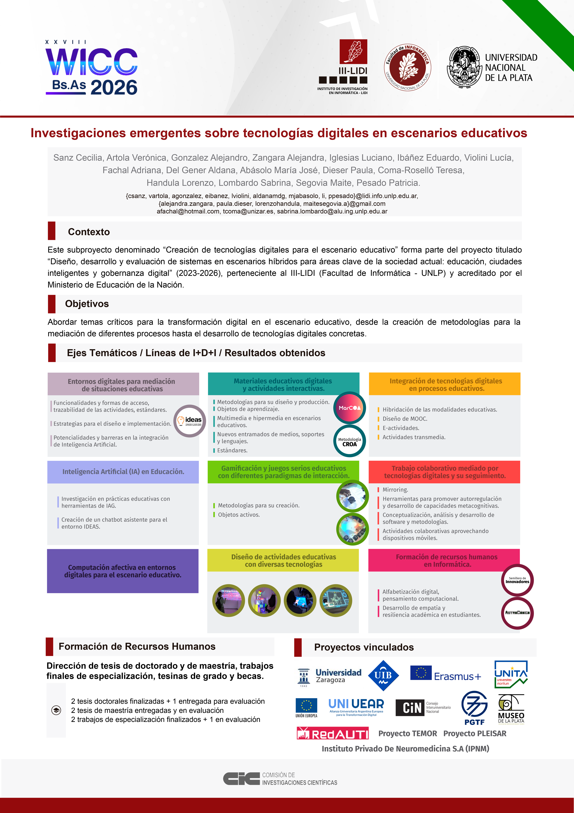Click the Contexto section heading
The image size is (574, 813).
(x=89, y=232)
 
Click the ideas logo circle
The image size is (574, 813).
(x=190, y=421)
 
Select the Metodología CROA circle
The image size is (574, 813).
(x=349, y=442)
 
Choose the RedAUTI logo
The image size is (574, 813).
(x=332, y=733)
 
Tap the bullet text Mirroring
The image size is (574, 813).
(x=395, y=489)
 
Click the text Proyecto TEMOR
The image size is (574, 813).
(x=407, y=733)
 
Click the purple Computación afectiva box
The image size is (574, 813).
(x=123, y=571)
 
